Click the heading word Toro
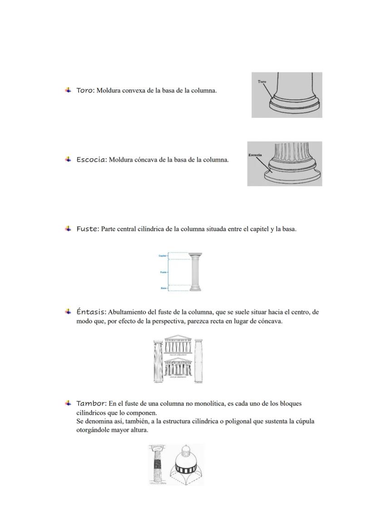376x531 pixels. pos(84,90)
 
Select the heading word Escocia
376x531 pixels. pos(91,160)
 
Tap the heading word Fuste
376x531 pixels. pos(87,229)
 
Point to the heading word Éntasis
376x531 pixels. pos(91,312)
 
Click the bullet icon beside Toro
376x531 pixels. pos(68,90)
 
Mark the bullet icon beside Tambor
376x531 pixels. pos(68,403)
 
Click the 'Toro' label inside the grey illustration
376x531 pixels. pos(262,82)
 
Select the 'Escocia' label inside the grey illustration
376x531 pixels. pos(255,155)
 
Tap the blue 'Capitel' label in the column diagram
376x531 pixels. pos(162,256)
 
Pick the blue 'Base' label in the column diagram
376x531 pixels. pos(163,288)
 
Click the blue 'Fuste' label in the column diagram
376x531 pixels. pos(163,272)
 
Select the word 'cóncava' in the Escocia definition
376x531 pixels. pos(145,160)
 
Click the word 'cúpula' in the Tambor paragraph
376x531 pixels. pos(304,421)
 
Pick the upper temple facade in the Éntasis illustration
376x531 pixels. pos(178,346)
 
